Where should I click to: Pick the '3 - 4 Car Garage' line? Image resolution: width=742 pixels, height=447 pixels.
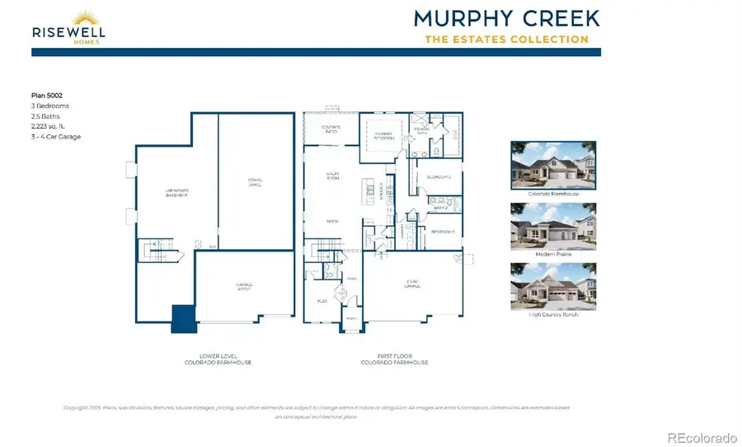[x=56, y=136]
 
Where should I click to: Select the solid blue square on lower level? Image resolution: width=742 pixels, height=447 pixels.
[x=183, y=319]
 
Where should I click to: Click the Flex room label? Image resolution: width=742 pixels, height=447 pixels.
[x=322, y=302]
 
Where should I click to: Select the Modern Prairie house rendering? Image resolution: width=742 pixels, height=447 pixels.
[x=553, y=227]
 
